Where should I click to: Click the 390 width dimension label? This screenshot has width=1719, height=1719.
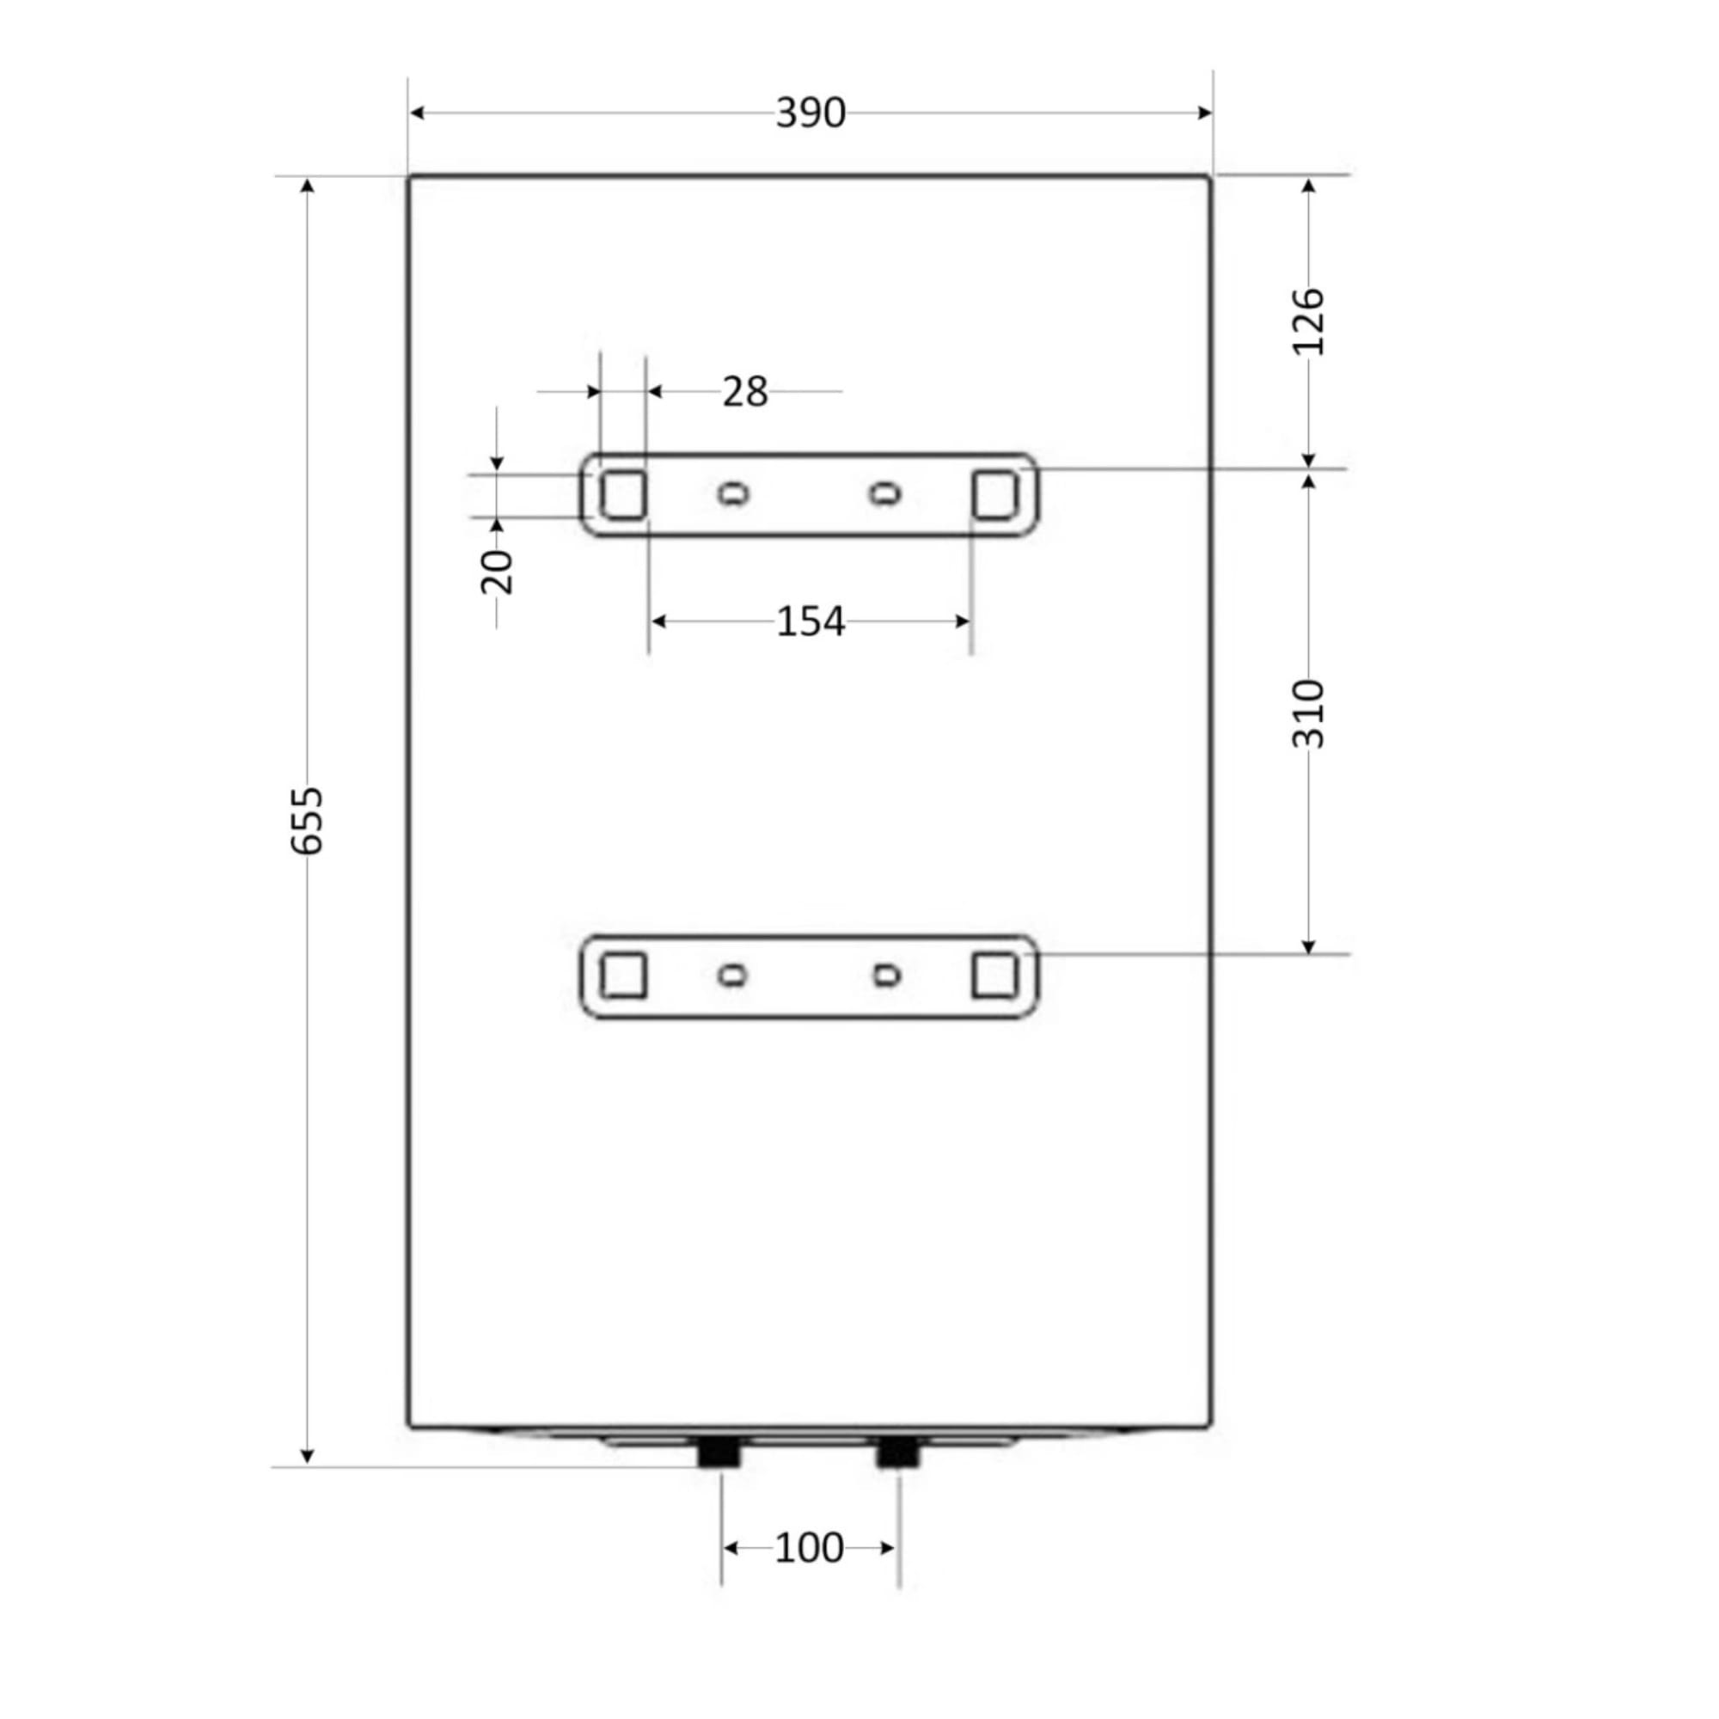pyautogui.click(x=810, y=113)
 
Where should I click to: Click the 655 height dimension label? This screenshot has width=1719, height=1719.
pyautogui.click(x=308, y=820)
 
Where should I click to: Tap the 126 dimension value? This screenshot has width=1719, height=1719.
pyautogui.click(x=1308, y=321)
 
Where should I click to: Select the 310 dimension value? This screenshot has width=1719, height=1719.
pyautogui.click(x=1308, y=713)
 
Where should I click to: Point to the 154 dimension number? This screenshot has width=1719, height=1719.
pyautogui.click(x=810, y=621)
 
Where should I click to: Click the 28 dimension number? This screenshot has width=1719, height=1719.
pyautogui.click(x=744, y=391)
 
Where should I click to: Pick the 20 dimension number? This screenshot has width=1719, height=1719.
pyautogui.click(x=497, y=572)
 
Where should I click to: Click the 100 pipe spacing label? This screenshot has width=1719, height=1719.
pyautogui.click(x=809, y=1548)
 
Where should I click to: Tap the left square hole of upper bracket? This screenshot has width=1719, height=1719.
pyautogui.click(x=623, y=494)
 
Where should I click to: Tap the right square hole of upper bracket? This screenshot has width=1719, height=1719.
pyautogui.click(x=994, y=494)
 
